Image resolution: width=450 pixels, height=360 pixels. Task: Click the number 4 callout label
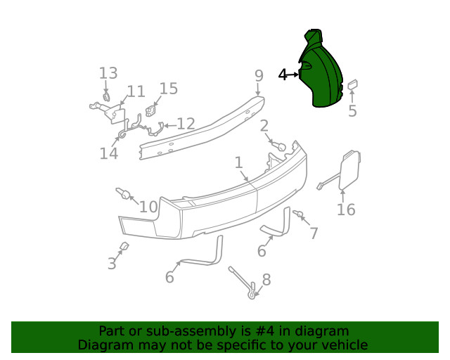click(283, 75)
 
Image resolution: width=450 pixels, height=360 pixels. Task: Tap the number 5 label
click(352, 110)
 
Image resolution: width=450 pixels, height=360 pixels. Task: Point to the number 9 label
click(259, 75)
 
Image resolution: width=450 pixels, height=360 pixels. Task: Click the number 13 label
click(108, 73)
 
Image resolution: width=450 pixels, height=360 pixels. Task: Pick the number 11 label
click(136, 91)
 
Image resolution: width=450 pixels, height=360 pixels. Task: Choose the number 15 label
click(169, 89)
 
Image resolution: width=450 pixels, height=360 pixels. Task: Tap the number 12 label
click(186, 124)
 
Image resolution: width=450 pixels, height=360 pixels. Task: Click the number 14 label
click(108, 153)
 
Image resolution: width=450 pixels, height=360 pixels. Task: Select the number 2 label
click(264, 127)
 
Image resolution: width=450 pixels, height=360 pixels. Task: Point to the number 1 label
click(238, 162)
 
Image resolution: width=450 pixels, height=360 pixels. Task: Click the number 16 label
click(346, 209)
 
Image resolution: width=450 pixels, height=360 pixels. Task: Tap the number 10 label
click(148, 207)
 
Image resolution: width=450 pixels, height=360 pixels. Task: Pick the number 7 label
click(314, 233)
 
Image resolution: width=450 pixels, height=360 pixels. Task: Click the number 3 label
click(112, 264)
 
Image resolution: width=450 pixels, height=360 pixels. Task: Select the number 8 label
click(266, 281)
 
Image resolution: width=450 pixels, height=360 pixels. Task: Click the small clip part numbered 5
click(352, 86)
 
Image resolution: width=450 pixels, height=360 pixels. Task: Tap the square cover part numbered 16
click(349, 169)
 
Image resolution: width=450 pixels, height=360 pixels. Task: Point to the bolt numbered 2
click(279, 146)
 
